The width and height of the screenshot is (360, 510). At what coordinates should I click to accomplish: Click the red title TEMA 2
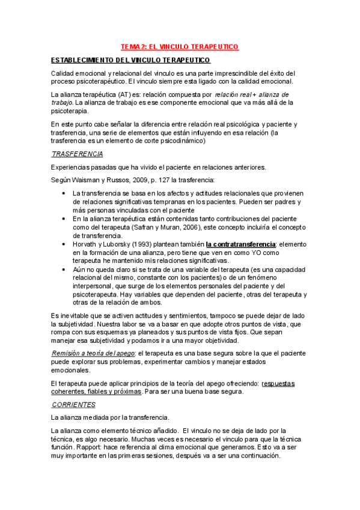tap(180, 46)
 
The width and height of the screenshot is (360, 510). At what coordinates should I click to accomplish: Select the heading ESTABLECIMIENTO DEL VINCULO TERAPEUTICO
tap(130, 61)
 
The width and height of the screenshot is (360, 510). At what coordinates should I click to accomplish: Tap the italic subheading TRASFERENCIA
tap(77, 155)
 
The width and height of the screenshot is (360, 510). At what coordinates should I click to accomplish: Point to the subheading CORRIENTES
tap(73, 405)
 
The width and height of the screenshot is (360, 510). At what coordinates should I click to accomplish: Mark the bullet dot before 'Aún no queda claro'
tap(64, 270)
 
